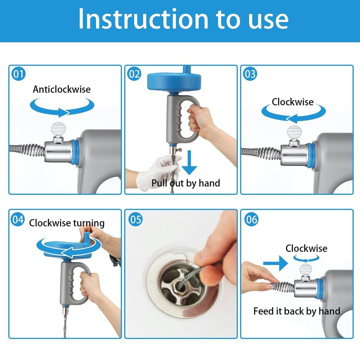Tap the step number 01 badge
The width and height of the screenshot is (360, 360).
18,74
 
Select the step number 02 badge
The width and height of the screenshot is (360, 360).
134,74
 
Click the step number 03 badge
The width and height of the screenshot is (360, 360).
250,74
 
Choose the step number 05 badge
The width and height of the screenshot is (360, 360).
135,219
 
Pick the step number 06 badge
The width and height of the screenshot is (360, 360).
251,219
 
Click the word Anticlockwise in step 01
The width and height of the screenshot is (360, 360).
61,89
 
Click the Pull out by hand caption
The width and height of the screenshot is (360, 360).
186,183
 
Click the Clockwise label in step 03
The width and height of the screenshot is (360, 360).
292,102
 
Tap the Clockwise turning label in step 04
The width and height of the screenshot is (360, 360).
67,223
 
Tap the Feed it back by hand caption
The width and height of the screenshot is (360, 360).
296,311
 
